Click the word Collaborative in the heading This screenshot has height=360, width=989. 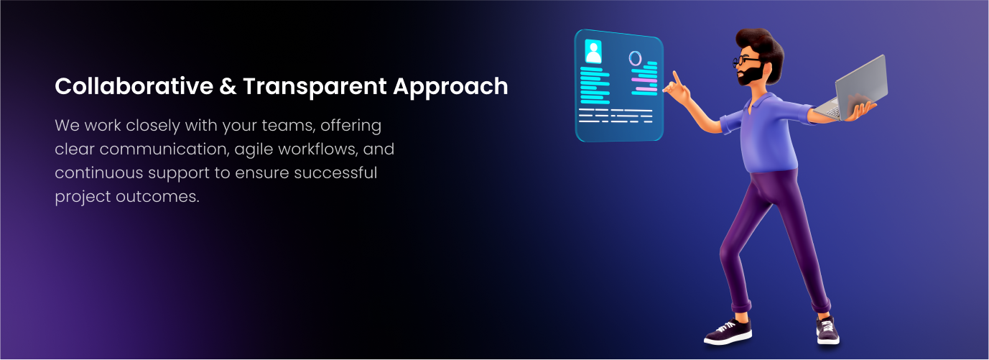click(x=134, y=86)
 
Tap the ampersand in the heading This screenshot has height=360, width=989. click(x=228, y=86)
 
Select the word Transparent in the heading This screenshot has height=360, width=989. click(x=315, y=86)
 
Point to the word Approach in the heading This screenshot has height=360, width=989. click(x=450, y=86)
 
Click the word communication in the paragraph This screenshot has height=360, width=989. click(x=164, y=149)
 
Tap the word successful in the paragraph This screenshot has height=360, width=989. click(x=335, y=172)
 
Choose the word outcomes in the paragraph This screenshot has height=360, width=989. click(x=157, y=197)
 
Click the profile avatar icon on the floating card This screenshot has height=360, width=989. click(x=593, y=51)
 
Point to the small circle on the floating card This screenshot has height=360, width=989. click(x=635, y=58)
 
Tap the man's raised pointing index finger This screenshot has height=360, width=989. click(x=677, y=78)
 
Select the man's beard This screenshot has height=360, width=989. click(x=751, y=75)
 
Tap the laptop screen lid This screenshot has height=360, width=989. click(x=861, y=87)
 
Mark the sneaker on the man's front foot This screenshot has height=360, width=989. click(x=827, y=331)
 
